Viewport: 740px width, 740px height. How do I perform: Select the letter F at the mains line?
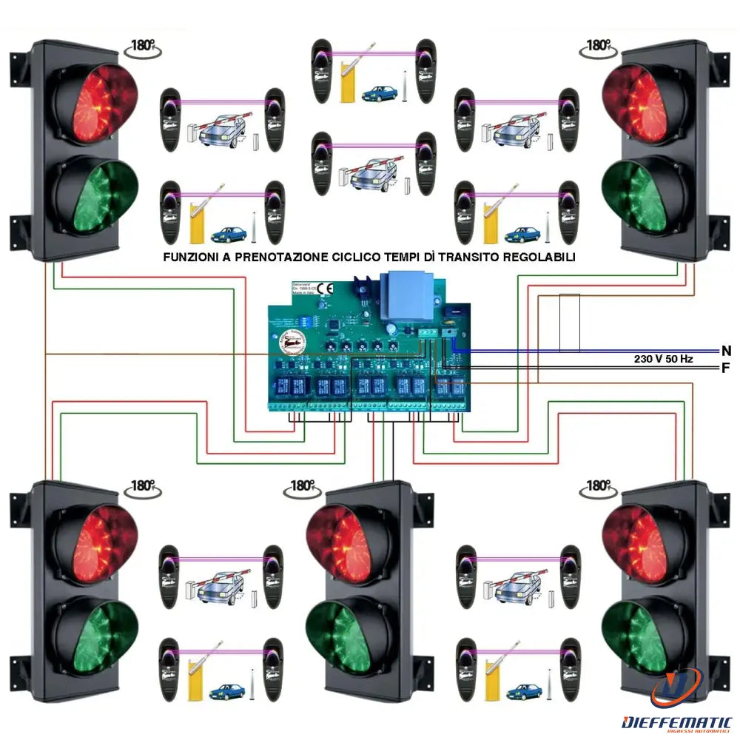point(726,367)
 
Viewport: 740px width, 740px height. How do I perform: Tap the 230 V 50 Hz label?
point(663,359)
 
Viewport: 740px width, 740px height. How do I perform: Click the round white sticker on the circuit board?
point(290,343)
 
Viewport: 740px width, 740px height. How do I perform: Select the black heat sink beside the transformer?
point(365,290)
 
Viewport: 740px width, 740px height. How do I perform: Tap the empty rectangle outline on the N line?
point(569,322)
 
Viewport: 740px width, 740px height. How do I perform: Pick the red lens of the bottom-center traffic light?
point(342,545)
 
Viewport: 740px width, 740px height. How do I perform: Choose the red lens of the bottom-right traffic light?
point(637,545)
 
